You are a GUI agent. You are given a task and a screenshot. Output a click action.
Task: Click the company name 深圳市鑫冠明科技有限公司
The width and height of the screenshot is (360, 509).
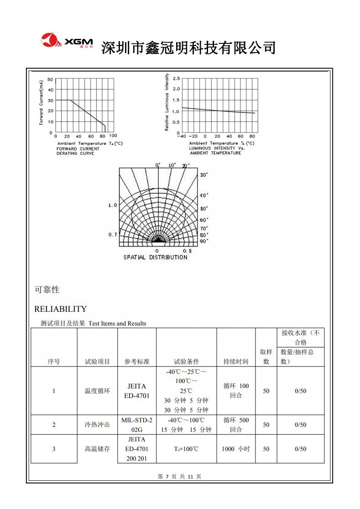click(188, 47)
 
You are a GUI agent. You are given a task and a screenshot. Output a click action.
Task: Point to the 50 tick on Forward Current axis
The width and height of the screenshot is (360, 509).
click(51, 79)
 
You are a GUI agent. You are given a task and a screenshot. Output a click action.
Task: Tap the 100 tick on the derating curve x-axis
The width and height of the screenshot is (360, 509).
click(113, 136)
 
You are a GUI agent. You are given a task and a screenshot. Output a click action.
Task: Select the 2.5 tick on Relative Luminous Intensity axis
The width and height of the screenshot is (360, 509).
click(176, 79)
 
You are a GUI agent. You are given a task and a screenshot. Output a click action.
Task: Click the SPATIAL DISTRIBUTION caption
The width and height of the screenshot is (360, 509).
click(155, 257)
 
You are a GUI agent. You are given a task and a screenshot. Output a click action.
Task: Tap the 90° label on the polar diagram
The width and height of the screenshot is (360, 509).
click(204, 241)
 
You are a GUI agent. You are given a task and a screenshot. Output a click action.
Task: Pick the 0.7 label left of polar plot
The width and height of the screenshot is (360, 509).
click(112, 235)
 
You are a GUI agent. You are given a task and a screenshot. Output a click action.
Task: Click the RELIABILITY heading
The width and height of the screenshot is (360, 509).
click(60, 309)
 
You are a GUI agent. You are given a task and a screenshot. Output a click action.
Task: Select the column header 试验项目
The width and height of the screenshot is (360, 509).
click(97, 362)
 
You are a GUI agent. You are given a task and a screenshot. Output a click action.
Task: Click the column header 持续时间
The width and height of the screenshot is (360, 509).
click(236, 362)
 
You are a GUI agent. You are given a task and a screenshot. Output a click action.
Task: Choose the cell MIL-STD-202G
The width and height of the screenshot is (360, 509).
click(137, 425)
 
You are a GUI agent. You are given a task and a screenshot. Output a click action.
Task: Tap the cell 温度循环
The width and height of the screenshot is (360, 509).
click(97, 391)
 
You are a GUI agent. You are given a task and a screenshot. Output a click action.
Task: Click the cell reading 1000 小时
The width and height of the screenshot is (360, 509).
click(236, 449)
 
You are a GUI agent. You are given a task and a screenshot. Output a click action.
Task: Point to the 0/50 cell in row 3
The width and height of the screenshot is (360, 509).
click(300, 449)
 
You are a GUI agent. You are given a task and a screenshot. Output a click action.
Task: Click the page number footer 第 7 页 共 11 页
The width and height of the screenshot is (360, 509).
click(179, 477)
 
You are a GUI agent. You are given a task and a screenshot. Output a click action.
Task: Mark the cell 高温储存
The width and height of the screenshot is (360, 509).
click(97, 449)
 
